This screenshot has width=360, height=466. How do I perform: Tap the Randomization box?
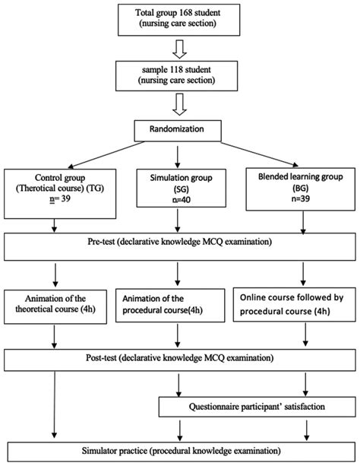179,129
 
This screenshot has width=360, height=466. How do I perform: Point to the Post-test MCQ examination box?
179,357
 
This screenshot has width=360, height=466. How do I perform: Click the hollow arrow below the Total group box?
180,47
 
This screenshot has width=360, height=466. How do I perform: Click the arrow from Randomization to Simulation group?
177,152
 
